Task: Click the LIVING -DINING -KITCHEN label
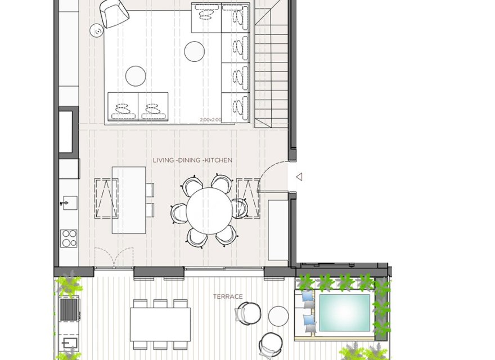click(192, 160)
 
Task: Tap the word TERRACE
click(227, 296)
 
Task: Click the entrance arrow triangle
click(299, 177)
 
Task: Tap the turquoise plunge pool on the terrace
click(344, 313)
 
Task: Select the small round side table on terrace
click(278, 316)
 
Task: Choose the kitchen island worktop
click(129, 200)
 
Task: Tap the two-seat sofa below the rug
click(138, 106)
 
